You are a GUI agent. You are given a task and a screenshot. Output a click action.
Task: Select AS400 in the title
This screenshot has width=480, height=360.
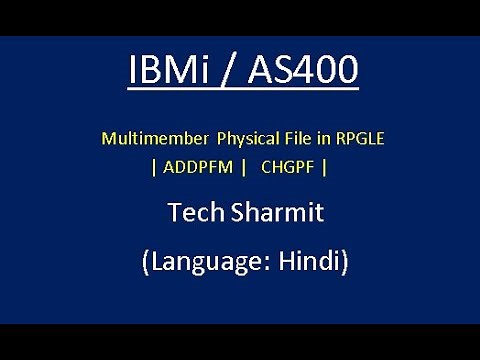pos(302,71)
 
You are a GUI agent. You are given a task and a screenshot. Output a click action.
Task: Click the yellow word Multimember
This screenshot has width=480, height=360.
pos(149,138)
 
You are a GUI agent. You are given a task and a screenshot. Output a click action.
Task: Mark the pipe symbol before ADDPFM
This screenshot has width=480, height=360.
pos(153,166)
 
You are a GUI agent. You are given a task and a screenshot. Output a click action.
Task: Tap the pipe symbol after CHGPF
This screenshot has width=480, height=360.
pos(326,166)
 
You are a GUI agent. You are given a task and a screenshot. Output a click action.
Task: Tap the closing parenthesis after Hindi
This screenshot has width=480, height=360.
pos(343,263)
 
